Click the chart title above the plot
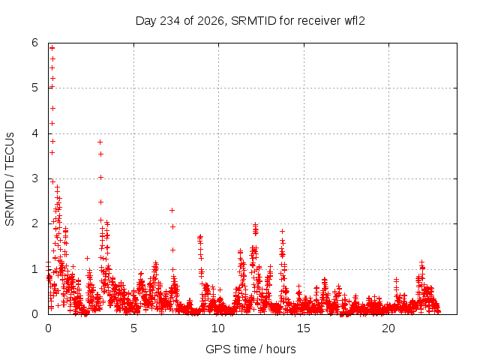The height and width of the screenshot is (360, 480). (250, 21)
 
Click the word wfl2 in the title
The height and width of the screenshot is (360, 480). (355, 21)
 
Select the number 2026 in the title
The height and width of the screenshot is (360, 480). (211, 21)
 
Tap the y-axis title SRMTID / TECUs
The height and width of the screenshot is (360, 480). (10, 179)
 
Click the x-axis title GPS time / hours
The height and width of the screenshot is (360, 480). (250, 349)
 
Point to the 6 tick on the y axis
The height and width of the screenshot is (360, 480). (34, 43)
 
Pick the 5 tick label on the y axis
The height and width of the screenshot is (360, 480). (34, 88)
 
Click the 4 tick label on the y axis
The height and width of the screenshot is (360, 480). (34, 133)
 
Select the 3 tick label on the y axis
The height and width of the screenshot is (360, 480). (34, 178)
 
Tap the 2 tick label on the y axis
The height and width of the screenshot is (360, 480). (34, 223)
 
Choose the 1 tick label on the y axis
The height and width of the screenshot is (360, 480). (34, 269)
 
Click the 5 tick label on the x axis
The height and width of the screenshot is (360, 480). (133, 328)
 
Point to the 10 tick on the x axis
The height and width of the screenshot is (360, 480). (218, 328)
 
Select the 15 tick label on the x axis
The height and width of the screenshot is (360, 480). (303, 328)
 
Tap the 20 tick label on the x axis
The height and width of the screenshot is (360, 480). (388, 328)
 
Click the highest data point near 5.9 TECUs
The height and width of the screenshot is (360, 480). (52, 48)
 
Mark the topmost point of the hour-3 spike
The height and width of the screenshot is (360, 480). (100, 142)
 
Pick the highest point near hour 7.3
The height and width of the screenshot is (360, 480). (172, 210)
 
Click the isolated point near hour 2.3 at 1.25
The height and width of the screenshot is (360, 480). (87, 258)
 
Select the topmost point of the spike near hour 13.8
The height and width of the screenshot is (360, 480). (282, 232)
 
